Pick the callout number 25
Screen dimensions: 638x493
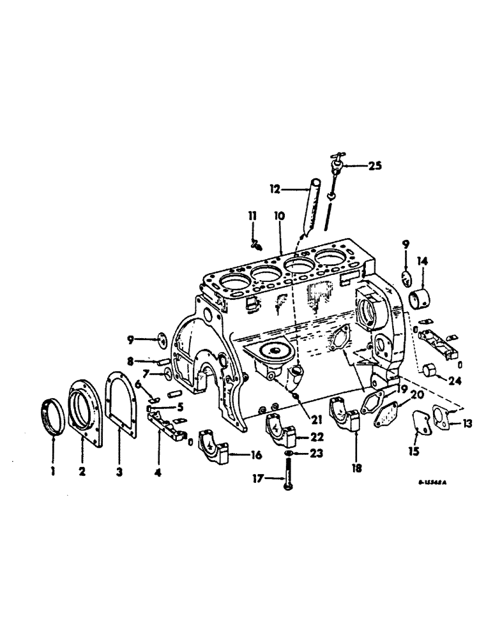pyautogui.click(x=374, y=167)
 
